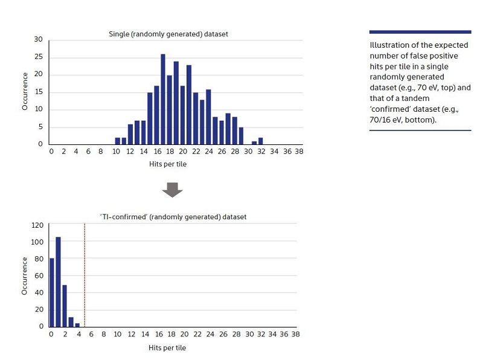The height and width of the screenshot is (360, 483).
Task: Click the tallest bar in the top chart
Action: [163, 99]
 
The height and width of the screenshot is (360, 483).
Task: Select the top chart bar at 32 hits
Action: [261, 141]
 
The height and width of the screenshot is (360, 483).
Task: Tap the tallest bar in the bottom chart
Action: [58, 281]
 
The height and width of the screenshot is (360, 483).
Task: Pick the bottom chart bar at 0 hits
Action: [51, 292]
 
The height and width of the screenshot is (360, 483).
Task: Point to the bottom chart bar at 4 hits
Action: [77, 324]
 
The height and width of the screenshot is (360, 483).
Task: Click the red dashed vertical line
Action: [85, 275]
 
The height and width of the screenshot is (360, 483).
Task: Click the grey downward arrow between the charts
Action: [172, 190]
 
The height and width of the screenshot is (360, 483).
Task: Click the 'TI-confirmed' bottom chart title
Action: [173, 216]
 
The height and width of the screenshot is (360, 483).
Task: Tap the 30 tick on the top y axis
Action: [39, 40]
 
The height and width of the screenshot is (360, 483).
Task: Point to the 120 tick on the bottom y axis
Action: [37, 225]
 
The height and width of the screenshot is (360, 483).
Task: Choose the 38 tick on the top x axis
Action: [298, 151]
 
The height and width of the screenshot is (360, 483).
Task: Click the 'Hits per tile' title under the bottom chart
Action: [167, 348]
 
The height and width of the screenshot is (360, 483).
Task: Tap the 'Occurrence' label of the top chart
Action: [25, 91]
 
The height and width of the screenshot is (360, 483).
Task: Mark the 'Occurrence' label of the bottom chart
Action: [25, 275]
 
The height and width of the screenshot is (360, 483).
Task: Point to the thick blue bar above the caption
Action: [420, 32]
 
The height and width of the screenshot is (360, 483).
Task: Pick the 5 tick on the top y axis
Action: [40, 127]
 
